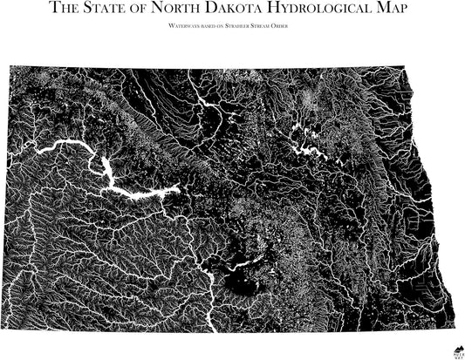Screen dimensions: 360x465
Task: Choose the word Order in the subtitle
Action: point(296,27)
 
